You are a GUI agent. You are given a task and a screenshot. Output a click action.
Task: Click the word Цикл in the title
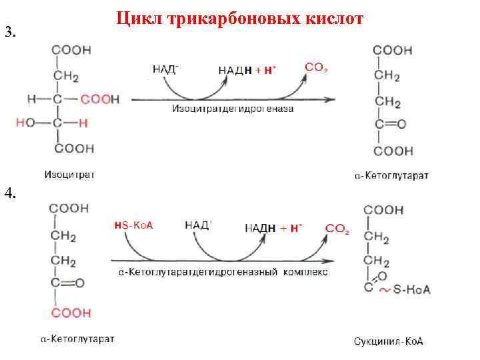click(139, 19)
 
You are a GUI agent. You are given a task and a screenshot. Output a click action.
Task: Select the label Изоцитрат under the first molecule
click(69, 175)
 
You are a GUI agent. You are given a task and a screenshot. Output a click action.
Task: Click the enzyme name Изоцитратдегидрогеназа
click(233, 109)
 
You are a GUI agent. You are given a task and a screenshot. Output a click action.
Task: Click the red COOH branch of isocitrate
click(100, 99)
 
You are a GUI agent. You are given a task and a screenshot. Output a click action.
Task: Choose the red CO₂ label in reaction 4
click(337, 229)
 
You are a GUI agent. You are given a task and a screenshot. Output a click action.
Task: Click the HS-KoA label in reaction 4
click(134, 225)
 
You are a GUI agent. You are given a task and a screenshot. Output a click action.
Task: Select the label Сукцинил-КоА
click(389, 342)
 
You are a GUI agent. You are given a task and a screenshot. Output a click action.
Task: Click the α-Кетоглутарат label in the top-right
click(391, 175)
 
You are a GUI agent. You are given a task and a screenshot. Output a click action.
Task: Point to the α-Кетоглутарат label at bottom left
click(77, 339)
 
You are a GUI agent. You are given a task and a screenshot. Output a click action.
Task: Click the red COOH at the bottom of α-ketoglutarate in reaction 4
click(67, 313)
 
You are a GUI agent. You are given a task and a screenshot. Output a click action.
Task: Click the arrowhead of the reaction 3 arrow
click(331, 100)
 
